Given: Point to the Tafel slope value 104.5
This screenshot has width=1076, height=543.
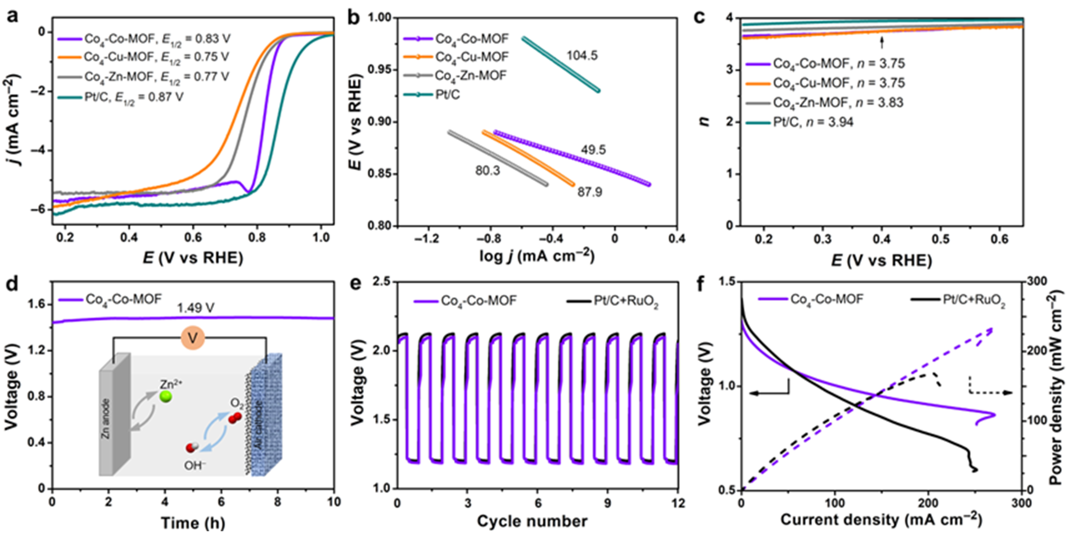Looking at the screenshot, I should [582, 56].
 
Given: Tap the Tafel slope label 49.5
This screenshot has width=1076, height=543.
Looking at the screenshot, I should [593, 150].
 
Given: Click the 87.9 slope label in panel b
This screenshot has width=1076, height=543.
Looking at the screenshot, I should [589, 192].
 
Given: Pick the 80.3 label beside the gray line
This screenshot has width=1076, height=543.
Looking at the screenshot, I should [488, 171].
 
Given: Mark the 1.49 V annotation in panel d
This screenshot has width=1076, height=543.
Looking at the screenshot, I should [195, 308].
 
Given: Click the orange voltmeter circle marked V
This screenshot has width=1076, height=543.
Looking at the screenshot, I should [193, 338].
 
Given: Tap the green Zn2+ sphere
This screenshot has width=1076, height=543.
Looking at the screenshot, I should [166, 396].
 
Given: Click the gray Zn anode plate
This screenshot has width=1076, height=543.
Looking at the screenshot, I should [114, 415].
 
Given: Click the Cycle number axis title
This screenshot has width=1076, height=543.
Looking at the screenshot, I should [532, 521].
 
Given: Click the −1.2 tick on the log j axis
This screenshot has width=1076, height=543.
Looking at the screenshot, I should [427, 239].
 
